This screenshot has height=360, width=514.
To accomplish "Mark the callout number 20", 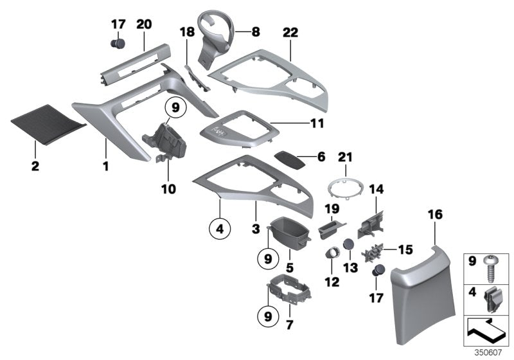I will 144,24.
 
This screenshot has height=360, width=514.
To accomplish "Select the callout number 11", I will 316,122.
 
